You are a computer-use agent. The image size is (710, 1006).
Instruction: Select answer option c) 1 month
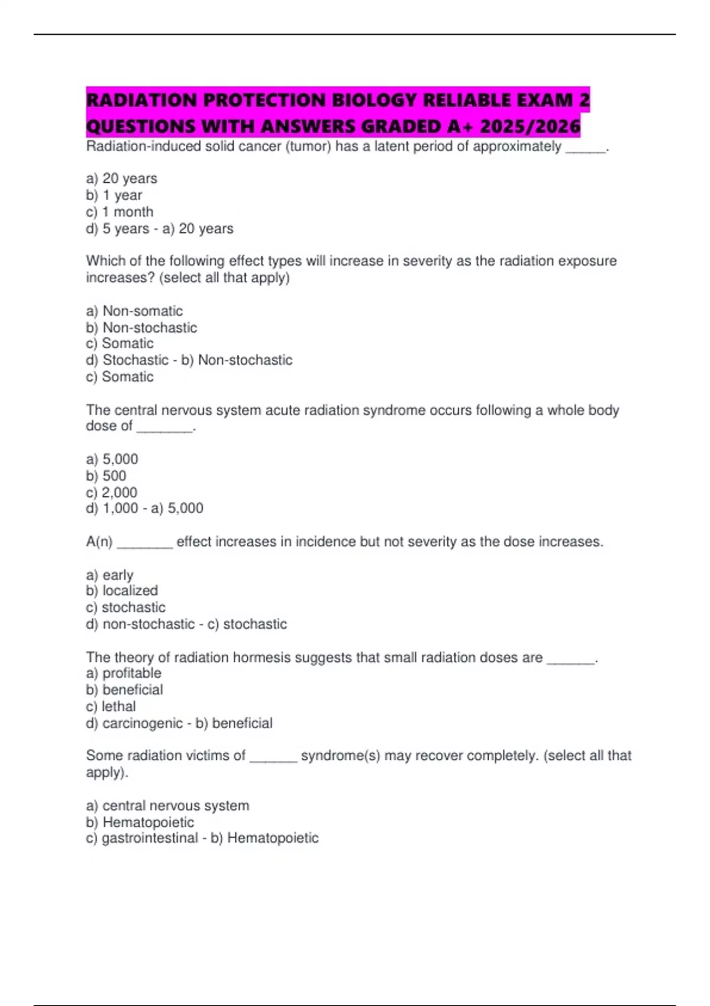[120, 212]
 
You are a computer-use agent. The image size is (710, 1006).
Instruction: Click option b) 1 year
[114, 195]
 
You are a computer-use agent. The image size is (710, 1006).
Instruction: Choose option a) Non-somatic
[134, 311]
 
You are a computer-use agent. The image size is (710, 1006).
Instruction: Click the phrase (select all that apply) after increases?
[224, 278]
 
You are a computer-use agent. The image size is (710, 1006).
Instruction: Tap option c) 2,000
[112, 492]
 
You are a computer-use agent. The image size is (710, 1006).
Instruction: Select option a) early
[109, 575]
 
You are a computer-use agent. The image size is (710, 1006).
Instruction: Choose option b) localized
[122, 591]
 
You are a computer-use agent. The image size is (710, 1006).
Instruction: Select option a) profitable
[124, 673]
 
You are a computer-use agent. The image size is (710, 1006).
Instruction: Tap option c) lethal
[111, 706]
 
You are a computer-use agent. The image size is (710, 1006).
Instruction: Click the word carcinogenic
[143, 723]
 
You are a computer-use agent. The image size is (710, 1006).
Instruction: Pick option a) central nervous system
[167, 805]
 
